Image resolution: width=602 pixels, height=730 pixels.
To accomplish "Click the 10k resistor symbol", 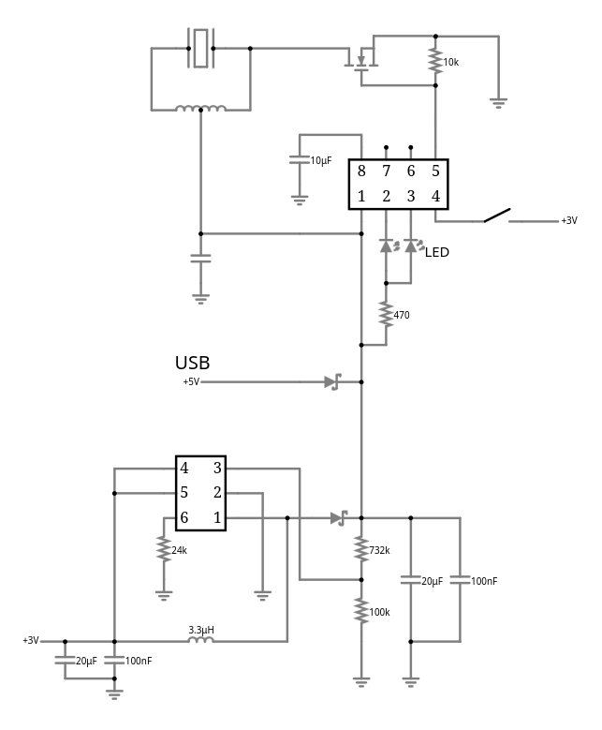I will (435, 62).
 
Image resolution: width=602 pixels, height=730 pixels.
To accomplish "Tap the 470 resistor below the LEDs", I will (385, 314).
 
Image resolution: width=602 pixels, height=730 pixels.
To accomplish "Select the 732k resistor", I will (360, 549).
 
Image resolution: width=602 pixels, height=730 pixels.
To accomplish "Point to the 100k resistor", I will (360, 611).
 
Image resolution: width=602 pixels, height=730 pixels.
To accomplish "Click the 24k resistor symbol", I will (164, 550).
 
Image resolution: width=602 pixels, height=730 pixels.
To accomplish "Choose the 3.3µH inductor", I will (200, 641).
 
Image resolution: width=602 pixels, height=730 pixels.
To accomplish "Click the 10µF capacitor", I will (300, 161).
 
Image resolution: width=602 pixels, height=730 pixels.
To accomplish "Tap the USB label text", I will (192, 363).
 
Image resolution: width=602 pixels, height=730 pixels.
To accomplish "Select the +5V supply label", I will (191, 382).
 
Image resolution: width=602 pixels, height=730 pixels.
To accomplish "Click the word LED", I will (437, 251).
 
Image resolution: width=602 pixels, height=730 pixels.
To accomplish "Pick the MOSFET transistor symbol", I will (361, 62).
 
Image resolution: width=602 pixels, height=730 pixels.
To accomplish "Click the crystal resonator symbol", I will (201, 47).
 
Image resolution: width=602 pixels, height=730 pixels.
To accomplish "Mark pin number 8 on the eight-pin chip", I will (361, 171).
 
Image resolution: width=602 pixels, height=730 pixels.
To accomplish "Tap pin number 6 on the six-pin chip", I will (184, 517).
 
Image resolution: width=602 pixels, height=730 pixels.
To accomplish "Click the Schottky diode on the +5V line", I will (332, 382).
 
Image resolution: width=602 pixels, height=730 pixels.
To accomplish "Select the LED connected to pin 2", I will (386, 246).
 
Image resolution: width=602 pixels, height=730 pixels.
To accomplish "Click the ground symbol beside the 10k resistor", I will (499, 102).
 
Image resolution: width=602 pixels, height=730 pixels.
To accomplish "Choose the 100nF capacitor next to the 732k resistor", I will (459, 581).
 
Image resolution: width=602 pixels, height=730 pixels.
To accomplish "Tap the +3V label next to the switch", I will (568, 221).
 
